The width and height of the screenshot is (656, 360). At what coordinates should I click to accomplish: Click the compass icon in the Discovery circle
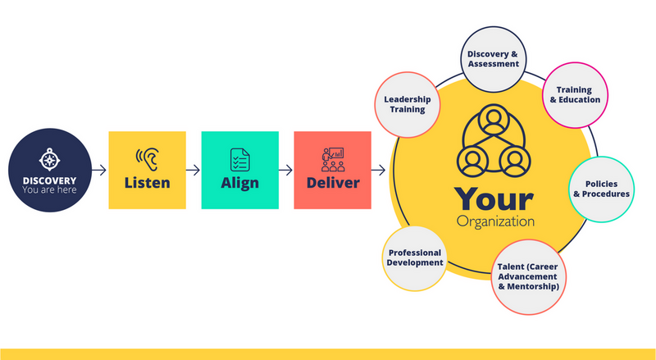click(x=50, y=158)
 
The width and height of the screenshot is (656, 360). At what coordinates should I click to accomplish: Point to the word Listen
click(x=148, y=182)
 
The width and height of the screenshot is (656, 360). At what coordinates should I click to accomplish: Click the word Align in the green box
click(x=239, y=182)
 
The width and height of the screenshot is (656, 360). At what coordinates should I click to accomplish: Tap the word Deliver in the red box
click(x=333, y=182)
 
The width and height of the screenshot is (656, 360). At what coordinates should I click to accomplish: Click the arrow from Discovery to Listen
click(x=98, y=171)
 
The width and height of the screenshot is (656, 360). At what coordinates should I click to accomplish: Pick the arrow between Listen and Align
click(x=193, y=171)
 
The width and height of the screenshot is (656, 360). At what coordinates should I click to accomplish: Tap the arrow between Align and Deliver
click(x=285, y=171)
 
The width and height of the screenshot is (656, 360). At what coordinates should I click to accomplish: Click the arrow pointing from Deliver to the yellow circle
click(x=379, y=171)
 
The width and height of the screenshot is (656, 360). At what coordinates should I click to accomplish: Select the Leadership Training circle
click(x=408, y=103)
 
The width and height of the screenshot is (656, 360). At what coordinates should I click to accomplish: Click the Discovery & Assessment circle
click(x=493, y=59)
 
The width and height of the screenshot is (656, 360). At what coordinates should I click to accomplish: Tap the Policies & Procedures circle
click(x=602, y=189)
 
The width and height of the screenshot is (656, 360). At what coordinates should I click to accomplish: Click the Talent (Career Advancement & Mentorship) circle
click(x=528, y=276)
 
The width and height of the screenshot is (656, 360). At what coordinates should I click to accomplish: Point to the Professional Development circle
click(x=415, y=257)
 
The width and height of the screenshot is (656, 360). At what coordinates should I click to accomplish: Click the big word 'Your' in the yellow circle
click(x=494, y=199)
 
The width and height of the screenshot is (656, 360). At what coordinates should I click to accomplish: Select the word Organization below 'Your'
click(x=495, y=221)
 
